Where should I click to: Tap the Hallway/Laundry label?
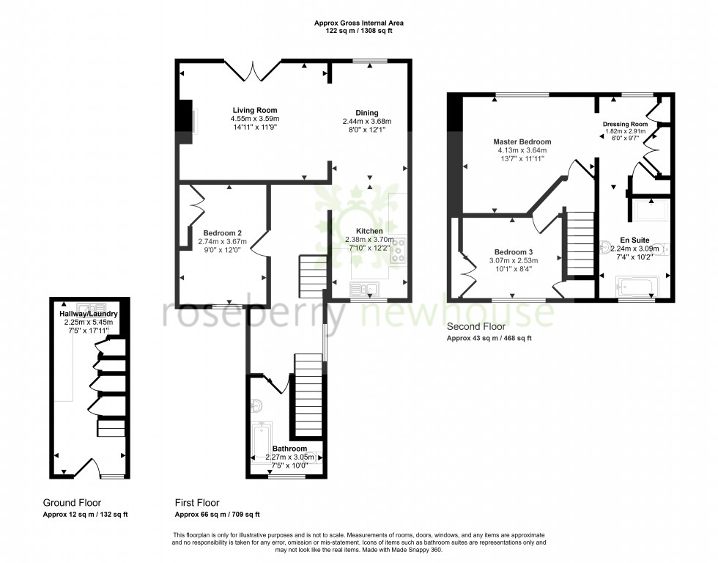(x=89, y=314)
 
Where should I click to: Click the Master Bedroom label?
(x=522, y=141)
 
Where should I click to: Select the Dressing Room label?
(x=625, y=124)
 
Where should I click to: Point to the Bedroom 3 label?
(x=514, y=251)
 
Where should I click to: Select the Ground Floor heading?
(x=72, y=503)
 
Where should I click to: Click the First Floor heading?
(x=197, y=503)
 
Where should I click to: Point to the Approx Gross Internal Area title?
(x=359, y=23)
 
